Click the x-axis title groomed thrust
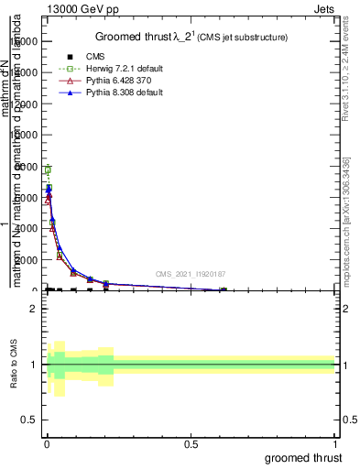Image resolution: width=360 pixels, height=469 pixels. coord(302,457)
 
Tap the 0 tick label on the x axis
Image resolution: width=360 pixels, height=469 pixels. coord(47,444)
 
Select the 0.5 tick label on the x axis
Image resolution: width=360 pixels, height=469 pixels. coord(191,444)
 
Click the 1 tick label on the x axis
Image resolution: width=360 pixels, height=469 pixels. coord(335,444)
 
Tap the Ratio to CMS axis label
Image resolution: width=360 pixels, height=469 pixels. coord(15,365)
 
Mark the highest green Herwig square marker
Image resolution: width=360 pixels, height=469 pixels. coord(47,170)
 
